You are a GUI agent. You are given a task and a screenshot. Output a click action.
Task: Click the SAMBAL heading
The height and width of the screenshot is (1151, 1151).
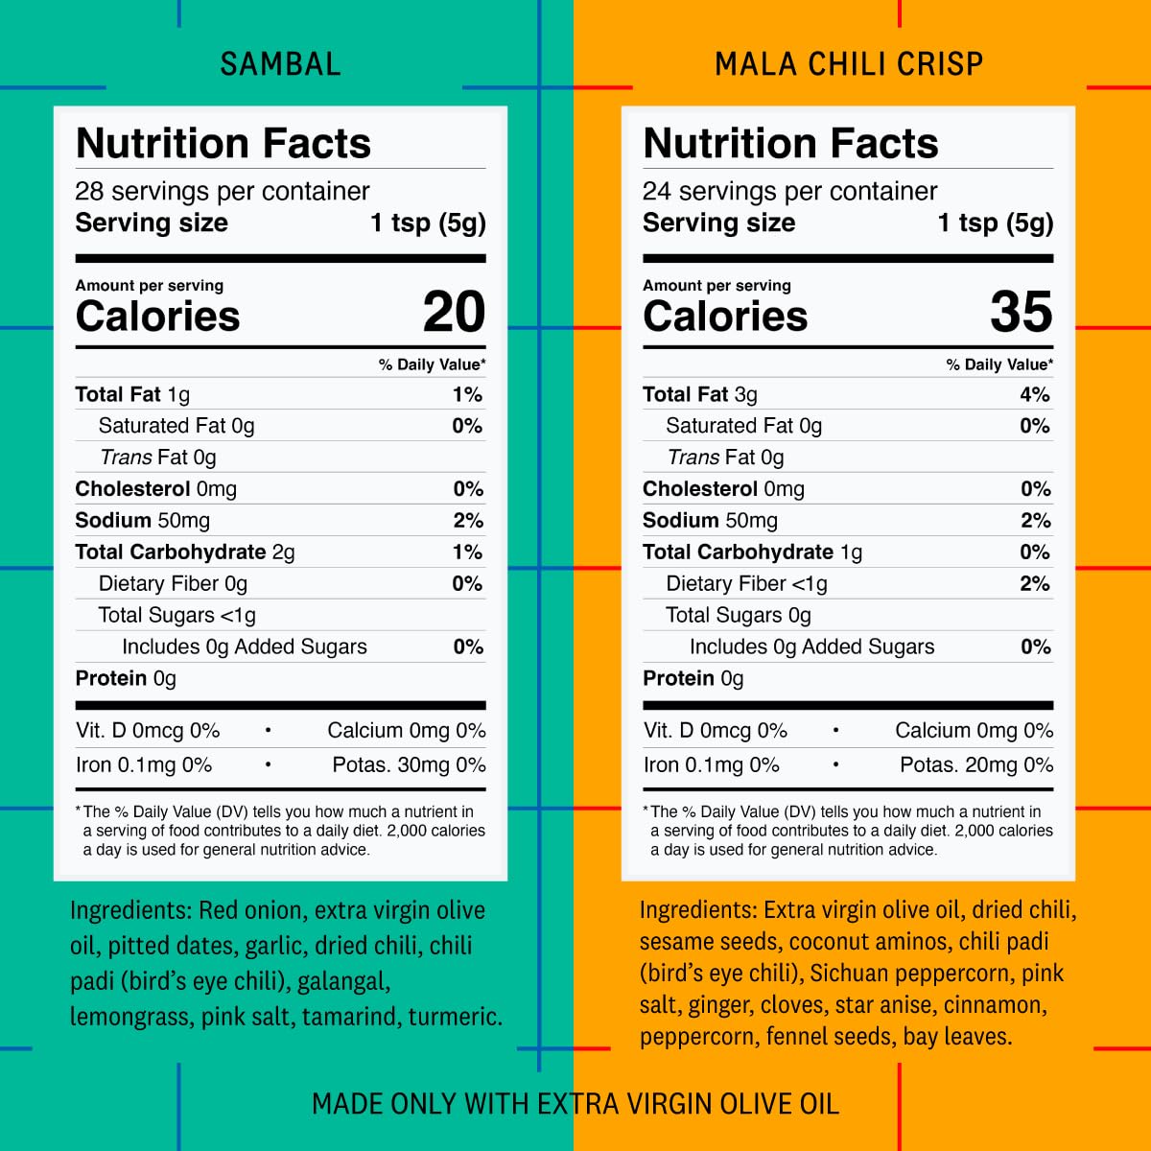tap(280, 64)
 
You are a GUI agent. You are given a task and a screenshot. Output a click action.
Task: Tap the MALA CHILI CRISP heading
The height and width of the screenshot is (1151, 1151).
tap(849, 64)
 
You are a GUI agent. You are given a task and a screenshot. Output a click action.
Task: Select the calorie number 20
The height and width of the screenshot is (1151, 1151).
tap(454, 312)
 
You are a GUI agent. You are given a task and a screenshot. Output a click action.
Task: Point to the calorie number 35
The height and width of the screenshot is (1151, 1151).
tap(1022, 312)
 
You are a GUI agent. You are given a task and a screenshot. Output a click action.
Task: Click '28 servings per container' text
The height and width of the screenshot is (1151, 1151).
tap(223, 191)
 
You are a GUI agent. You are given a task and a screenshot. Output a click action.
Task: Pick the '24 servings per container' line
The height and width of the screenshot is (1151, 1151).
tap(789, 191)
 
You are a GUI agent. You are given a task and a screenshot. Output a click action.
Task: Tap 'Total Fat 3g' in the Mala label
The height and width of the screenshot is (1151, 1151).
tap(700, 394)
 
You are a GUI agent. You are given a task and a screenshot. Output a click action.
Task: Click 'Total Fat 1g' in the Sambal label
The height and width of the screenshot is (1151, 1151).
tap(132, 394)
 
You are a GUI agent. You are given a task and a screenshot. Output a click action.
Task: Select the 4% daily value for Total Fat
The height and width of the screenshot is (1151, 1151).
tap(1035, 394)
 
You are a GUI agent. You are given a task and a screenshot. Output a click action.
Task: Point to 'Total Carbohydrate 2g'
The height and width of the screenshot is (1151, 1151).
tap(185, 552)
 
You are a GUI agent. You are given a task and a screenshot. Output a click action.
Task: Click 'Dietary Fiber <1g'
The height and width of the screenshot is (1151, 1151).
tap(746, 583)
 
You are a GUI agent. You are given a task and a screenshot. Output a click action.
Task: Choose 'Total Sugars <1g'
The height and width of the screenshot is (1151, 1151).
tap(177, 615)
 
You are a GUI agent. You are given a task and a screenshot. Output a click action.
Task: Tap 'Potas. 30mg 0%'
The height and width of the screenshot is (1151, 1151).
tap(409, 764)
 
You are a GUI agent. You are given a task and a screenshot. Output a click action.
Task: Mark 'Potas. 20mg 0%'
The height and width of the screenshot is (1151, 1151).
tap(976, 764)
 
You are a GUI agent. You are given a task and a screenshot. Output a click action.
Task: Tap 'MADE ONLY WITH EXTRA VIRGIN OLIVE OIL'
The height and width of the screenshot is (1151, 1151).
tap(575, 1104)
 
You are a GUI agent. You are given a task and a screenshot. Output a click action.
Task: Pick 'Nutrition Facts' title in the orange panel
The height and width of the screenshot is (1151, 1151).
tap(791, 143)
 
